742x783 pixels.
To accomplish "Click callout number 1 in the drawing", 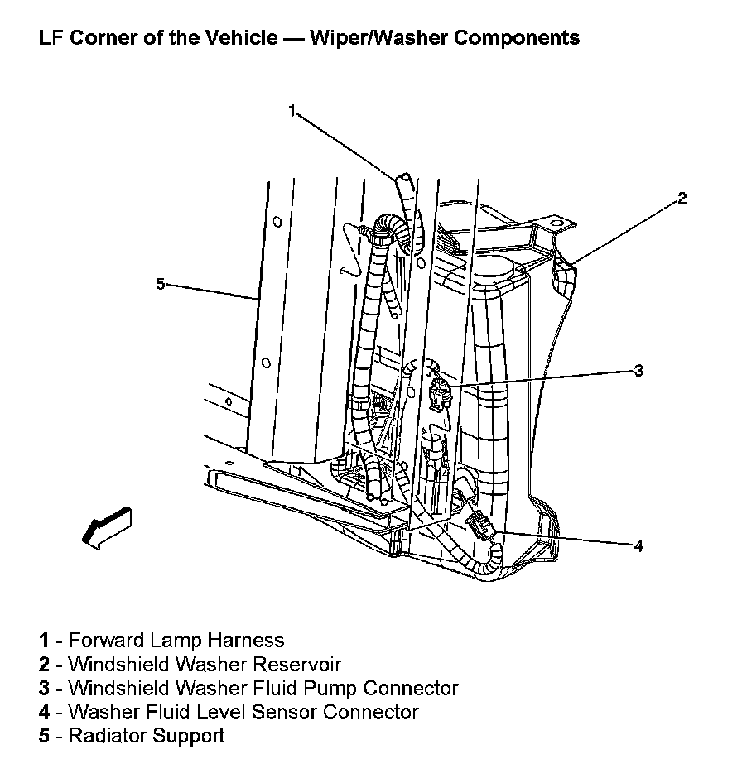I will pos(291,110).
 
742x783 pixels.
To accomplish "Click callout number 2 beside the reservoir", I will pos(682,198).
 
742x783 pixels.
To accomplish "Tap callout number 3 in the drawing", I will pos(638,370).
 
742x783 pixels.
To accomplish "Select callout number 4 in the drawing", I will pos(638,545).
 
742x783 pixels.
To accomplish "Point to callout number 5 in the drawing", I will pos(161,284).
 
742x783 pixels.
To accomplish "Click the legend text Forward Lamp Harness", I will pos(176,640).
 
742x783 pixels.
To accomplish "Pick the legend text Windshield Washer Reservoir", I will pos(205,664).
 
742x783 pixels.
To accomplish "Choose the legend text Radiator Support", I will pos(147,736).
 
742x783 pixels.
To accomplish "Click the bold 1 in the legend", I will pos(43,640).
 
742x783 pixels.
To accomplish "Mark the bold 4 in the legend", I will pos(43,712).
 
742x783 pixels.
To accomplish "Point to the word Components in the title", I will pos(519,38).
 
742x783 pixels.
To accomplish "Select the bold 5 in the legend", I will pos(43,736).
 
